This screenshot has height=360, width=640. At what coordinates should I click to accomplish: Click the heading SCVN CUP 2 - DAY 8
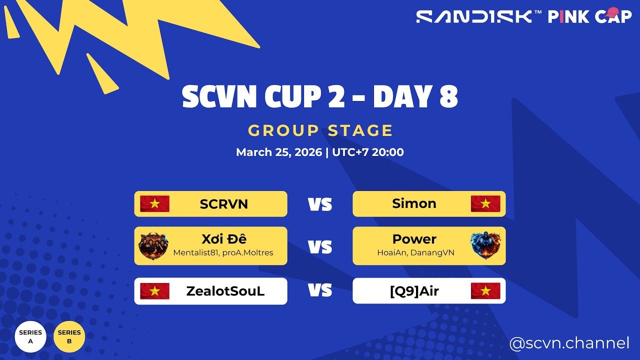pos(320,97)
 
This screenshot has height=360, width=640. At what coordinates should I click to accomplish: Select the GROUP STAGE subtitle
pos(320,130)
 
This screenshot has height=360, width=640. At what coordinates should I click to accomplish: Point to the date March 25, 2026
pos(279,152)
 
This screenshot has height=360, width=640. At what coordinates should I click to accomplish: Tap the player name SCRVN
pos(223,204)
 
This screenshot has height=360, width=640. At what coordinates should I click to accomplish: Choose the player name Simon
pos(414,203)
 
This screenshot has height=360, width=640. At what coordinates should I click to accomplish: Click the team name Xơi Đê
pos(223,239)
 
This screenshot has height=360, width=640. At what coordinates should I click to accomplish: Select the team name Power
pos(414,239)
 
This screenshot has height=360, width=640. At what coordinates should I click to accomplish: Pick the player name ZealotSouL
pos(225,291)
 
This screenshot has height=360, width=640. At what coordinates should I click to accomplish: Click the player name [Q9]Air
pos(414,291)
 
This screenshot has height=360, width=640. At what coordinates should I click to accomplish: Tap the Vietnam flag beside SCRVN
pos(154,204)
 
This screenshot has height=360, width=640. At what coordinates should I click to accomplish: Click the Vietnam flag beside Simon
pos(485,204)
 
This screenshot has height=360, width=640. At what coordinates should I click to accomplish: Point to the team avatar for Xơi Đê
pos(153,246)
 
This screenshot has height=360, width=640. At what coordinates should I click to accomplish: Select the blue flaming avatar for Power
pos(485,246)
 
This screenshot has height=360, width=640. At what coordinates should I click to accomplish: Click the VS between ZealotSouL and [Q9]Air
pos(320,290)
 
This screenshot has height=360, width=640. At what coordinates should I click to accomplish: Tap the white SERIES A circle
pos(30,336)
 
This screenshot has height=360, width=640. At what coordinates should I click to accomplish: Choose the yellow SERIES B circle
pos(69,336)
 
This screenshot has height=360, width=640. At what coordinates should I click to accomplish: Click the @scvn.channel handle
pos(569,343)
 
